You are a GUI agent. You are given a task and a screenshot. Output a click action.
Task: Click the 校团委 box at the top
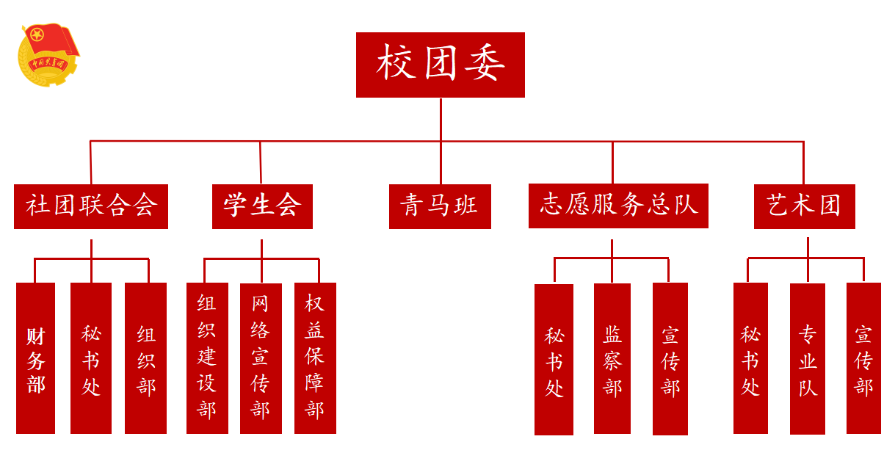(440, 65)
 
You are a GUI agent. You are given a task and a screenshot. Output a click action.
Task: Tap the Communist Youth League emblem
(48, 54)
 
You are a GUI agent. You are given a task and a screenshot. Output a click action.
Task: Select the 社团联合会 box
(91, 206)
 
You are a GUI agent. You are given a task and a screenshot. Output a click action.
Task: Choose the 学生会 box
(262, 206)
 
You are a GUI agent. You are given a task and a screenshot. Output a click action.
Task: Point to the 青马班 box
(440, 206)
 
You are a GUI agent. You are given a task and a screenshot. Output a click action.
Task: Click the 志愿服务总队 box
(618, 206)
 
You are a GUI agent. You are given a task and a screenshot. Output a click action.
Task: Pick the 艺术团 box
(804, 206)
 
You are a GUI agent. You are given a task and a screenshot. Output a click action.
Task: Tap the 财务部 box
(35, 358)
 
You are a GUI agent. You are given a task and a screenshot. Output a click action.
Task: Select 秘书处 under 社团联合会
(91, 358)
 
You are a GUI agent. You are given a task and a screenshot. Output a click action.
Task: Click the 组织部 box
(145, 358)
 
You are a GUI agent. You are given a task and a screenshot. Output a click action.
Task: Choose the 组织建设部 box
(207, 358)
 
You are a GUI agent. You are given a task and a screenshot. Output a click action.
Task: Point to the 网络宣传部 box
(261, 358)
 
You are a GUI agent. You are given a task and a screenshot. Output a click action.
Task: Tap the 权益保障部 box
(315, 358)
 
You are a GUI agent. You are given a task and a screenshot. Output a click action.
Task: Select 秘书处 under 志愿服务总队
(554, 360)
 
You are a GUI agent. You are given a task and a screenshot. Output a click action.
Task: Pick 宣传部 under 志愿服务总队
(670, 359)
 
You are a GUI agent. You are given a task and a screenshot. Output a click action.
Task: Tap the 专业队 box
(808, 359)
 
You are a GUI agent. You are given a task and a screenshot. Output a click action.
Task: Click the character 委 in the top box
(483, 64)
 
